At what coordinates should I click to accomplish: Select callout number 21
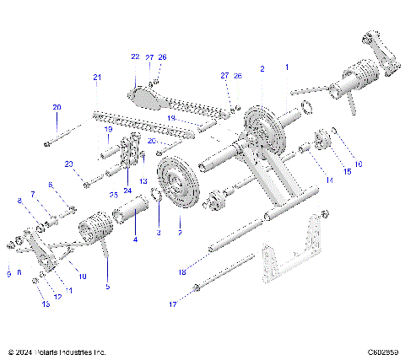(97, 78)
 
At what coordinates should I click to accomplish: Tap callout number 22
(134, 56)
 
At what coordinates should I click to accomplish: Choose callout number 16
(358, 164)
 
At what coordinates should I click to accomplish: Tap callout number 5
(106, 287)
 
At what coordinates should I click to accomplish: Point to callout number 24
(127, 180)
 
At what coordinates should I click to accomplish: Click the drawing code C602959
(382, 352)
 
